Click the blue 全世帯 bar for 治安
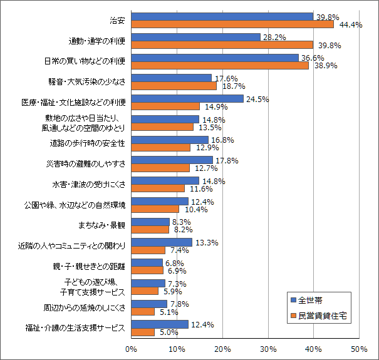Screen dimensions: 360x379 tap(222, 17)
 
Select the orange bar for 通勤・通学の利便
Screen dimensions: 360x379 tap(222, 45)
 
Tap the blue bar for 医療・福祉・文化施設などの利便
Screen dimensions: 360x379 tap(187, 99)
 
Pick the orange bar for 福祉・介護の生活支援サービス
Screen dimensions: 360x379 tap(143, 332)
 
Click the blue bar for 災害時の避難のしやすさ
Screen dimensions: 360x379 tap(172, 160)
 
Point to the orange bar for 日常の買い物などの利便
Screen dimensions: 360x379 tap(220, 66)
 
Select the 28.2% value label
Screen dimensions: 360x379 tap(274, 38)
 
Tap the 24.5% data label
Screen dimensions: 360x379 tap(257, 99)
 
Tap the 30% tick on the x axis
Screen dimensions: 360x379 tap(268, 349)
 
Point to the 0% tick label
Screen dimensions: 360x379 tap(132, 349)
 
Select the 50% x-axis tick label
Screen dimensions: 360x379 tap(359, 349)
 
